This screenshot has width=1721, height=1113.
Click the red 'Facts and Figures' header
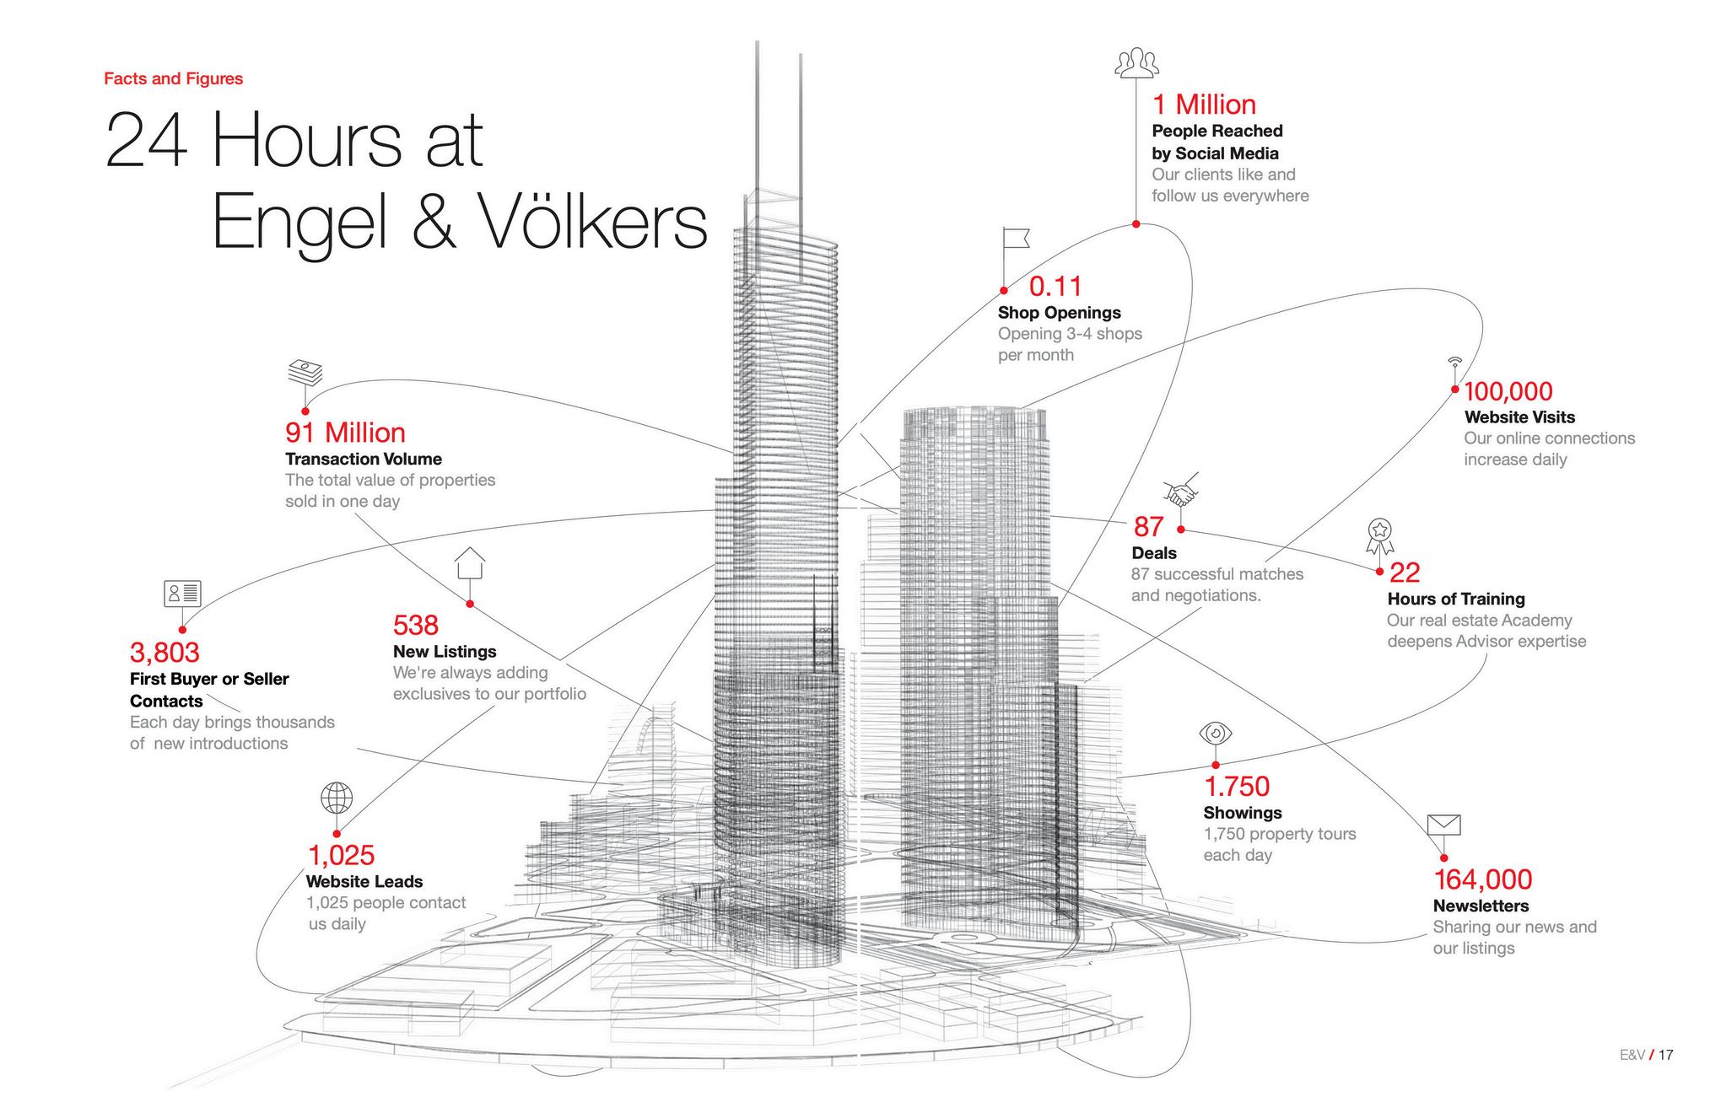[173, 78]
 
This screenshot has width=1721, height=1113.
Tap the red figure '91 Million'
[345, 433]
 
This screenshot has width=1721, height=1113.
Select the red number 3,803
[165, 653]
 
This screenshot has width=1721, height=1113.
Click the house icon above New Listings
[470, 563]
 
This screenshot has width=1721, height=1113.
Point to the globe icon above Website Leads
[337, 797]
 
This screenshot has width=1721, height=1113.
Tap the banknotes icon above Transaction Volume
[305, 372]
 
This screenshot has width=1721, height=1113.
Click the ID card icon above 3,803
[182, 594]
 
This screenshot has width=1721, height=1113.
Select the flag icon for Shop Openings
[1014, 241]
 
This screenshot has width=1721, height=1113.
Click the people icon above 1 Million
[1136, 62]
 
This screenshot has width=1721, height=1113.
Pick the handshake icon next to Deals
[1181, 493]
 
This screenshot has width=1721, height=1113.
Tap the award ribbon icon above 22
[1379, 535]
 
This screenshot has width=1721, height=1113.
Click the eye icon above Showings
[1216, 733]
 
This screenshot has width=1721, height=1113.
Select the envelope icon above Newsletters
[1443, 825]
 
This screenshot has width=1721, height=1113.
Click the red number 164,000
[1483, 879]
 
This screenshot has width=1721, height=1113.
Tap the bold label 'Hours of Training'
[1456, 599]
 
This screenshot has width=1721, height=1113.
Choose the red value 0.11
[1055, 287]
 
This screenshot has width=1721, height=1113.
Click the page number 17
[1665, 1055]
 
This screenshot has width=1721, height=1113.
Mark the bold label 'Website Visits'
[1519, 417]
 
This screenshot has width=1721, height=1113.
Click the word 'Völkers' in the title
[595, 221]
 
